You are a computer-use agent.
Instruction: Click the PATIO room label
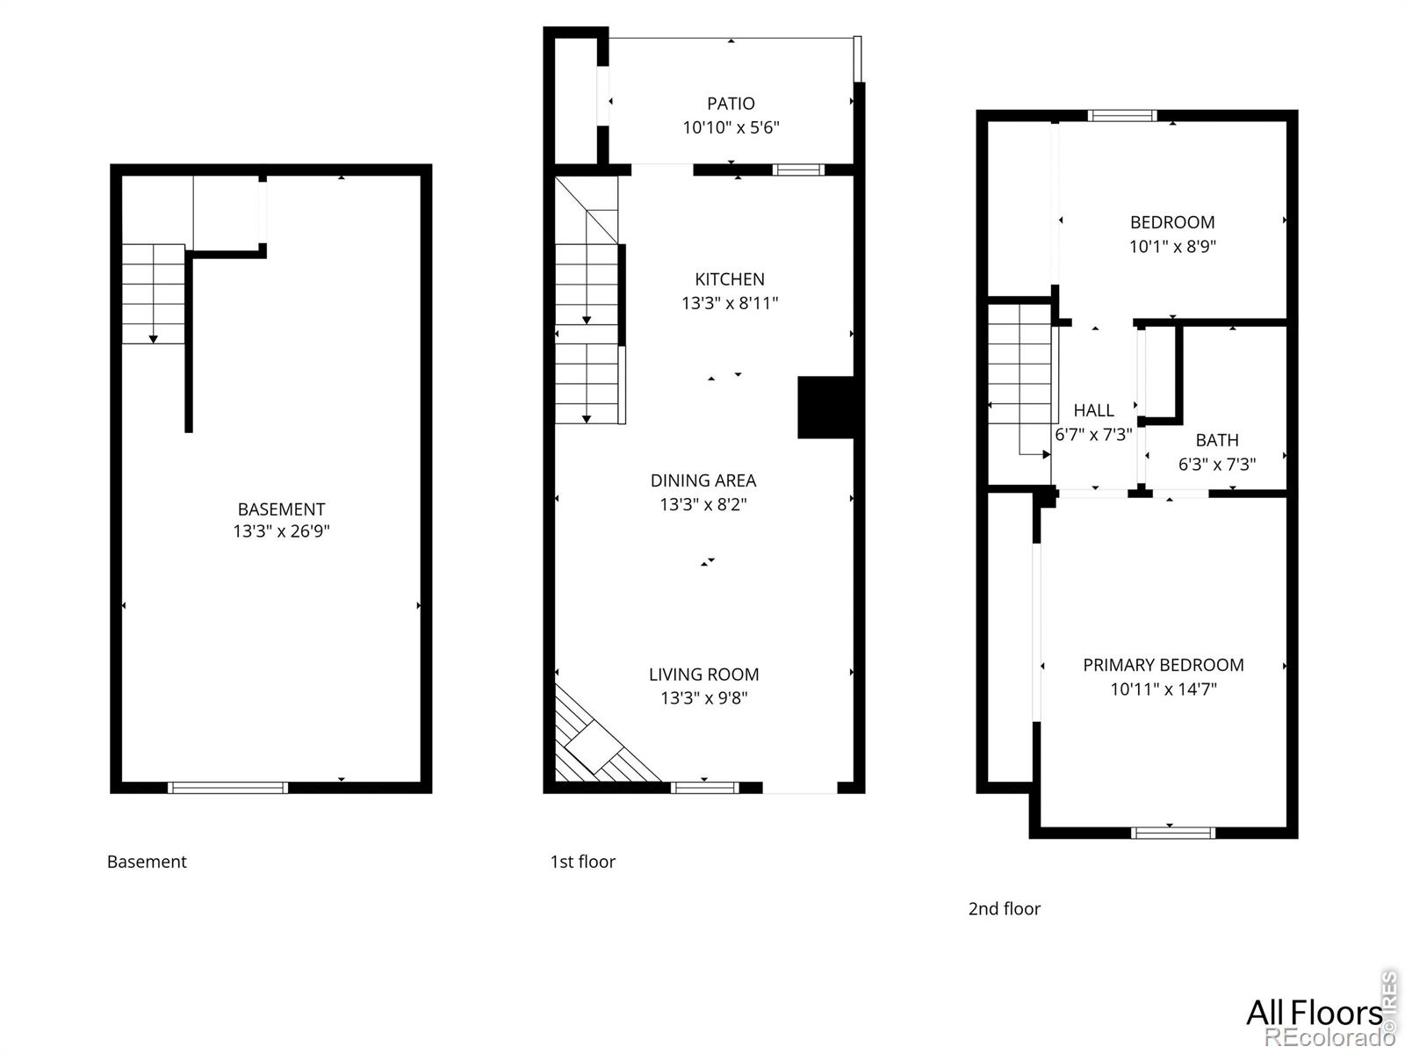[x=731, y=104]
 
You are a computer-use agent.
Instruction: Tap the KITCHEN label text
[x=730, y=279]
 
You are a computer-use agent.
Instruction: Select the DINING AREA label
[x=703, y=480]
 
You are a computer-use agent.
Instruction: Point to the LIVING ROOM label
[x=704, y=675]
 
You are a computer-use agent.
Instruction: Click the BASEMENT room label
[x=282, y=509]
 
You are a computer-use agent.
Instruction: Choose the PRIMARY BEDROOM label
[x=1164, y=666]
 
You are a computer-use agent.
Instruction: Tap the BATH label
[x=1217, y=440]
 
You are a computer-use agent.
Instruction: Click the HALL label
[x=1094, y=410]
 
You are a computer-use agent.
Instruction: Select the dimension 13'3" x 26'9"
[x=282, y=531]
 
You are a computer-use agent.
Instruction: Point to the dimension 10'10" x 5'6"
[x=731, y=127]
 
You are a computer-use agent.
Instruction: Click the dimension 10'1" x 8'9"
[x=1172, y=247]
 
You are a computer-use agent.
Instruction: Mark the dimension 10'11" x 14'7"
[x=1164, y=689]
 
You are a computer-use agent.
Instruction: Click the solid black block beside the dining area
[x=825, y=408]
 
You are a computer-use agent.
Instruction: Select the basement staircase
[x=154, y=293]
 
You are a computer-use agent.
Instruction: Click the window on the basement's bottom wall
[x=227, y=788]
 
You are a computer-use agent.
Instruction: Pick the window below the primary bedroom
[x=1172, y=833]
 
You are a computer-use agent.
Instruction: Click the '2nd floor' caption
[x=1005, y=909]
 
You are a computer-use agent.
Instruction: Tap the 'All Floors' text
[x=1314, y=1013]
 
